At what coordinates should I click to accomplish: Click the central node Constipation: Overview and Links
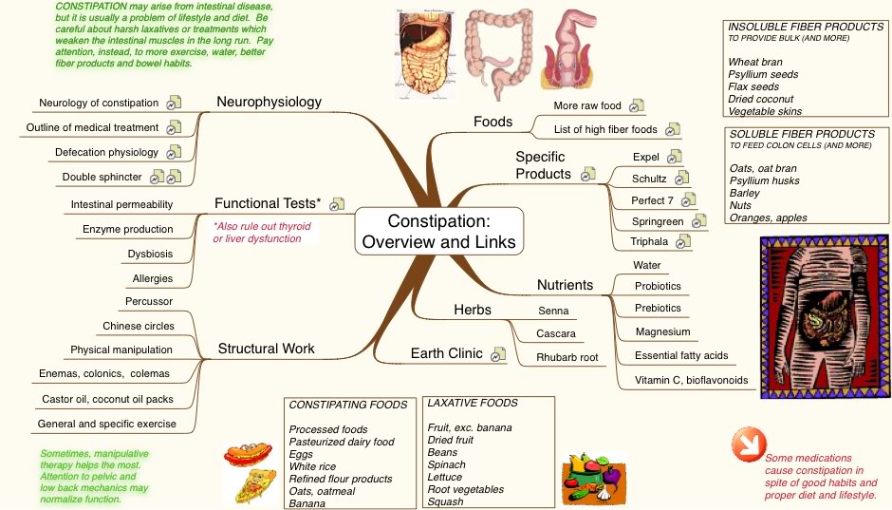[438, 231]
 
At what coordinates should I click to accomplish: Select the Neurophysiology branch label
[269, 102]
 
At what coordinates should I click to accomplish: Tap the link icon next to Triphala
[683, 241]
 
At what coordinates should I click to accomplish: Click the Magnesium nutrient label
[663, 331]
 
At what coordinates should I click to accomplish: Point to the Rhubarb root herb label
[567, 357]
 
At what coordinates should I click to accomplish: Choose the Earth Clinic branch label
[446, 353]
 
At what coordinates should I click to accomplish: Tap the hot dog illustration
[248, 457]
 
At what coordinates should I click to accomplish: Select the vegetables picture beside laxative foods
[591, 473]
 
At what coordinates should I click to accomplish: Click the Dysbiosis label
[150, 254]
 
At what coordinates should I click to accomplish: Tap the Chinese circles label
[139, 326]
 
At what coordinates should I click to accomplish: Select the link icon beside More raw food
[637, 105]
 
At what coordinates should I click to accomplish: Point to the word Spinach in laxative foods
[446, 465]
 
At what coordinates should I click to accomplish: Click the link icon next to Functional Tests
[337, 203]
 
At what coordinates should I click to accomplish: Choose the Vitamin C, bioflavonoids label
[691, 380]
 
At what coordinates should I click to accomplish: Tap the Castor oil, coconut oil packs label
[107, 399]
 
